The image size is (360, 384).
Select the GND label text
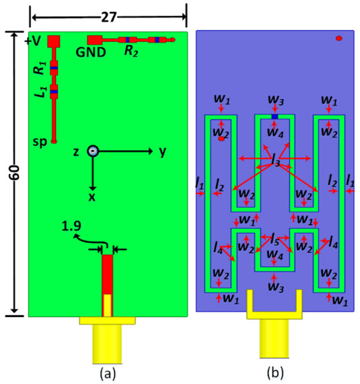coord(91,52)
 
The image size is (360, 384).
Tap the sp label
coord(41,140)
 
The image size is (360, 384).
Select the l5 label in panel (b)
coord(275,237)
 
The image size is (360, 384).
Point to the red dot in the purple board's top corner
coord(338,38)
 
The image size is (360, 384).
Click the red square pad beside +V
coord(53,41)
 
